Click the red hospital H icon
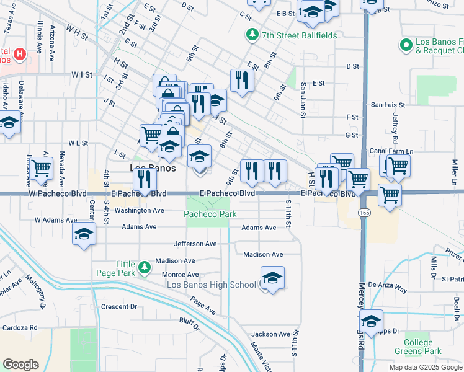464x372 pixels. [x=20, y=54]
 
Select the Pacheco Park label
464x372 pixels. [x=210, y=214]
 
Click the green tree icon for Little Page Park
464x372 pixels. [x=144, y=267]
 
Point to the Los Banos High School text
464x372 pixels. [x=211, y=285]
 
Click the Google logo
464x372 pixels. [x=20, y=365]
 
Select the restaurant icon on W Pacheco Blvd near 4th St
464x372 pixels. [x=145, y=180]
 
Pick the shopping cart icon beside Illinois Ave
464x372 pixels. [x=41, y=167]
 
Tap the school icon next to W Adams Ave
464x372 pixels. [x=84, y=234]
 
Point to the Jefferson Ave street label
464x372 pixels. [x=195, y=244]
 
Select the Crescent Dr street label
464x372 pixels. [x=118, y=306]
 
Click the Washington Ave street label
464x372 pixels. [x=139, y=210]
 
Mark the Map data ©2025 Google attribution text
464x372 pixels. [x=425, y=366]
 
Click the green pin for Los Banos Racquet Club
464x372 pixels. [x=406, y=45]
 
